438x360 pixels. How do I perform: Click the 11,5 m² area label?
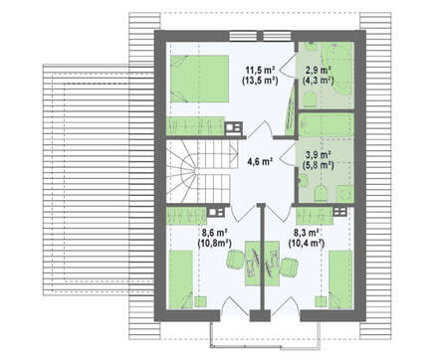click(260, 71)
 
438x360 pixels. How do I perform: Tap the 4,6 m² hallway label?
click(260, 162)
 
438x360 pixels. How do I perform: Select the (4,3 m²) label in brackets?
click(318, 81)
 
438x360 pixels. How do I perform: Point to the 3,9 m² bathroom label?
click(318, 155)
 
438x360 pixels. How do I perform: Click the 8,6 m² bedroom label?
click(214, 232)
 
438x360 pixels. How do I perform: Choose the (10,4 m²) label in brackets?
click(307, 244)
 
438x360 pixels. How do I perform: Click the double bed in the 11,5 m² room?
click(199, 79)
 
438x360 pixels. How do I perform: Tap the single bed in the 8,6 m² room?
click(181, 279)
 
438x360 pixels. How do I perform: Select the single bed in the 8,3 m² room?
click(340, 279)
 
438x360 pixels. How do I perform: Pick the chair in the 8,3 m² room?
click(289, 268)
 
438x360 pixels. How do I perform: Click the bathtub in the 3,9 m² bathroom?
click(326, 125)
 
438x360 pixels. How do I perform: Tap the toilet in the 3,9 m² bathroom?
click(321, 193)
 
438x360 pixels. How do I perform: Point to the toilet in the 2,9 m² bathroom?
click(310, 99)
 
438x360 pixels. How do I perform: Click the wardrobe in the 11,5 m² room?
click(195, 126)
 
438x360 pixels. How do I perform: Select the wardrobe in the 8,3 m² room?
click(315, 216)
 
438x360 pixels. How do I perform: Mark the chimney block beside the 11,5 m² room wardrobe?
click(234, 128)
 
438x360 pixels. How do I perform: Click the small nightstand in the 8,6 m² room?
click(200, 302)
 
